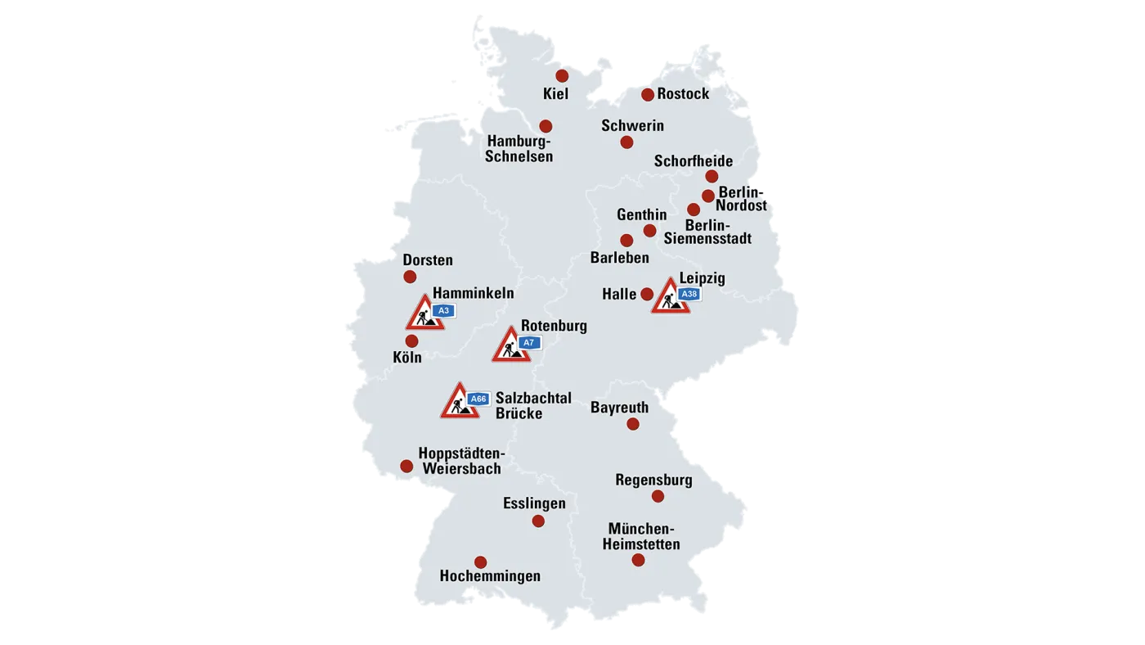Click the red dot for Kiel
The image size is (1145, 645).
(x=562, y=76)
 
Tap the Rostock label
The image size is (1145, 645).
(x=683, y=94)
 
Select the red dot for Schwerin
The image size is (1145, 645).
(x=626, y=142)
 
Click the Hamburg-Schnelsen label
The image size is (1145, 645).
(x=519, y=149)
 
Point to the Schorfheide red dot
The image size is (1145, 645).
(x=712, y=176)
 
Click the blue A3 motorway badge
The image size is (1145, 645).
(x=443, y=311)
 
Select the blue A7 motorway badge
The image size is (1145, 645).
(x=528, y=343)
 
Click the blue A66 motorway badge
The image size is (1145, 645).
(x=478, y=399)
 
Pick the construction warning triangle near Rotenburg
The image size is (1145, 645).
(x=510, y=347)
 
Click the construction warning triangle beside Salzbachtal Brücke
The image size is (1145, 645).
(x=460, y=403)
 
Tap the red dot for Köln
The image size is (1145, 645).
(x=411, y=341)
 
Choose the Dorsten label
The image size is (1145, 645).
(x=428, y=260)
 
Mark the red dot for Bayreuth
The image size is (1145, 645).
(x=633, y=424)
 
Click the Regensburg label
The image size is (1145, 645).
(x=653, y=480)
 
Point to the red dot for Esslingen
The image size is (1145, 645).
(x=538, y=521)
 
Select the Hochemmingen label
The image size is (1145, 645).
(x=490, y=576)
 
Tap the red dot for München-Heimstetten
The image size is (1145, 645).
(x=638, y=561)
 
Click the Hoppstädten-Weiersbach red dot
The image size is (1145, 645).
(x=406, y=467)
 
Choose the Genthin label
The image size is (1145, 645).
(x=641, y=215)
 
